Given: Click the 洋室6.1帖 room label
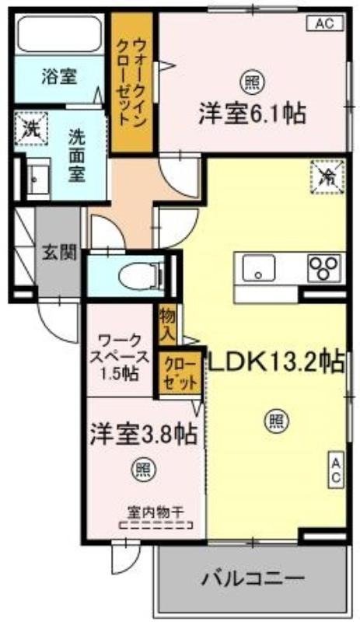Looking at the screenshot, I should (x=250, y=114).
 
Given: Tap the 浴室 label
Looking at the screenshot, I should (x=59, y=76).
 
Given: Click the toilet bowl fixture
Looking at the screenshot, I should (x=142, y=274).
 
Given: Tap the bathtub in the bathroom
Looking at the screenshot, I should (x=60, y=36).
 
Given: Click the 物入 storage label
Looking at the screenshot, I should (x=167, y=324).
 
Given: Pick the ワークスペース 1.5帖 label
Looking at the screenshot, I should (x=119, y=355).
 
